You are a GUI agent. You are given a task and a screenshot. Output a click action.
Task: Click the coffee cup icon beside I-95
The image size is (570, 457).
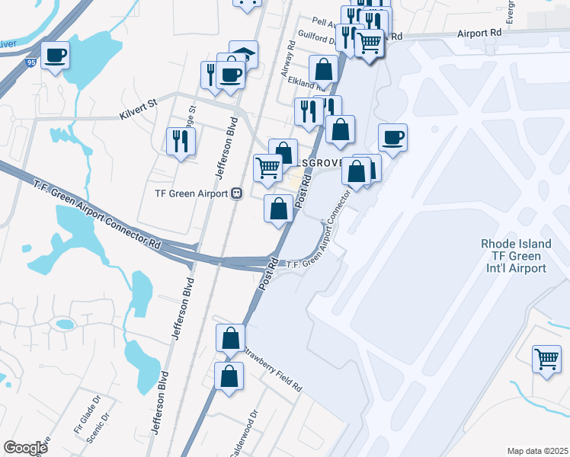[x=55, y=56]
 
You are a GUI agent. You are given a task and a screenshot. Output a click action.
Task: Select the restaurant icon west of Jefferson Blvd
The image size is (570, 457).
[x=181, y=141]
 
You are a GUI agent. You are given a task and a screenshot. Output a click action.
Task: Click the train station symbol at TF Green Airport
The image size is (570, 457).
[x=237, y=193]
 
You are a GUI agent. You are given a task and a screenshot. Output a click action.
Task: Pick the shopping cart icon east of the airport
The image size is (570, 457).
[x=546, y=359]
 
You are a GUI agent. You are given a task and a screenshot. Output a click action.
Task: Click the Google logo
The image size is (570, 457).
[x=26, y=448]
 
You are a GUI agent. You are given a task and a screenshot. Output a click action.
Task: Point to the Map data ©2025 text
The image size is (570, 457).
[x=537, y=451]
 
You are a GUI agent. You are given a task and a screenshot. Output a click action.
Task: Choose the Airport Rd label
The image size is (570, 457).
[x=480, y=34]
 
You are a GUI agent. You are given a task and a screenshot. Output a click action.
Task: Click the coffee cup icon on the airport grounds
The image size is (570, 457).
[x=393, y=138]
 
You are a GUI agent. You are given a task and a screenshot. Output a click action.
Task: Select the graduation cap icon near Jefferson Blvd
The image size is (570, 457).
[x=244, y=53]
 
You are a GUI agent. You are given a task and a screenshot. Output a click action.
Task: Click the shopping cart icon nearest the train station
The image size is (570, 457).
[x=267, y=168]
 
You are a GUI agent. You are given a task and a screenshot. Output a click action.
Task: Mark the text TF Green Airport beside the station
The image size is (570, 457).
[x=191, y=193]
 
